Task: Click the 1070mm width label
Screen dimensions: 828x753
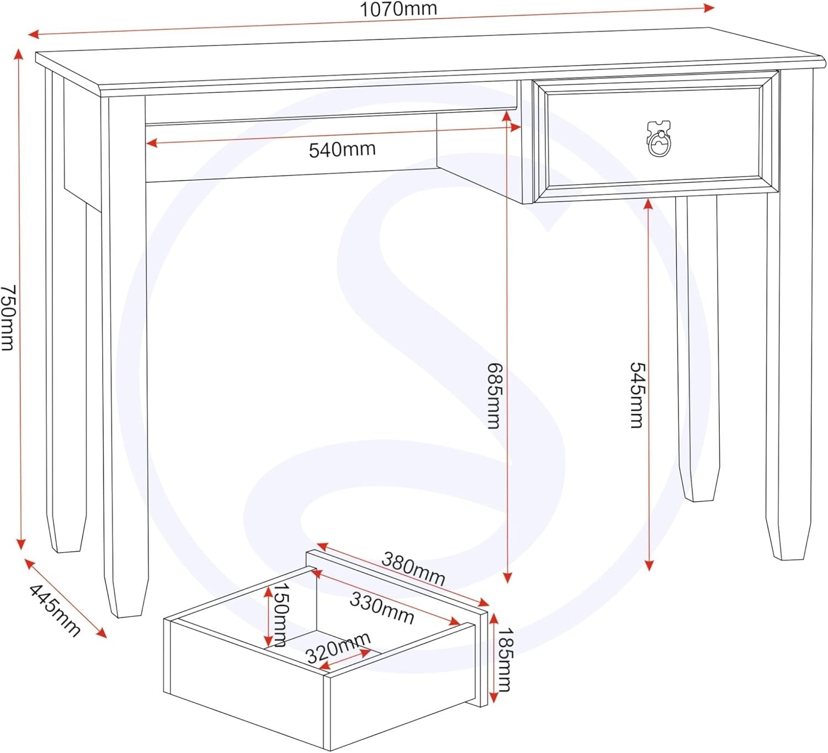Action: tap(398, 9)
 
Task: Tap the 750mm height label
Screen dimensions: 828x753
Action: tap(8, 317)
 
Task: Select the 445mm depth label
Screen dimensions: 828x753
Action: tap(55, 611)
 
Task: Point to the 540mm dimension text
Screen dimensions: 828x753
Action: tap(342, 149)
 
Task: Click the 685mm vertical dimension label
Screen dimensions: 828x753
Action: tap(495, 396)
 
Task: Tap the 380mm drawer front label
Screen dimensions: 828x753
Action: tap(413, 569)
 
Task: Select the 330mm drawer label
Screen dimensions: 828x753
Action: tap(382, 608)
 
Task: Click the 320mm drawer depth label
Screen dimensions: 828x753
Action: tap(338, 648)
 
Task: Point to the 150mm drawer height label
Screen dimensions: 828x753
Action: tap(280, 615)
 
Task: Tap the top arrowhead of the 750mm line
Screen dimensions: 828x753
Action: tap(18, 54)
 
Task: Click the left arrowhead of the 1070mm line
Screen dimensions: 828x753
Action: tap(33, 35)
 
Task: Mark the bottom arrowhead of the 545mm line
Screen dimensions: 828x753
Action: tap(649, 565)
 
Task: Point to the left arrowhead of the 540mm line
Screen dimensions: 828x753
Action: tap(151, 143)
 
